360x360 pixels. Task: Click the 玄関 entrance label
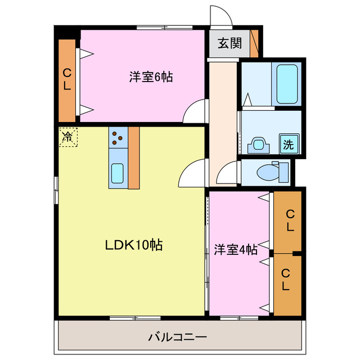tap(229, 43)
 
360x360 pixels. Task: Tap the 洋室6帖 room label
tap(151, 78)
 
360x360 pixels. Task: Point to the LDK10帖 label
tap(134, 245)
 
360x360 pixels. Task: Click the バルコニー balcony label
tap(178, 337)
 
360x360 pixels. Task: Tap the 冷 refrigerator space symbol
tap(67, 136)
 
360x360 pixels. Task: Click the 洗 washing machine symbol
tap(288, 145)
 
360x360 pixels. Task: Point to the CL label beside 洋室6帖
tap(66, 79)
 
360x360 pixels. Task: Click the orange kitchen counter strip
tap(134, 157)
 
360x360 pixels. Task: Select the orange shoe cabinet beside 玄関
tap(255, 42)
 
